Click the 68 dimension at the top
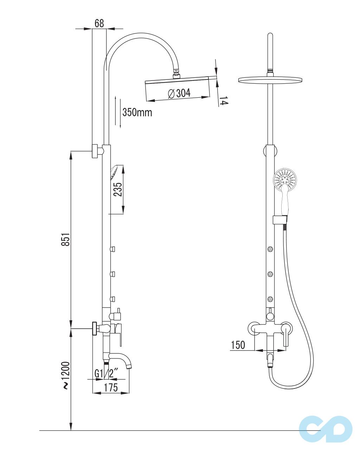tap(99, 23)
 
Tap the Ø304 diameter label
tap(179, 93)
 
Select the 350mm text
tap(137, 112)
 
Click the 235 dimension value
tap(117, 189)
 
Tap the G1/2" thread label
tap(107, 373)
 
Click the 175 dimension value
tap(111, 387)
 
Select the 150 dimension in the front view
tap(238, 345)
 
